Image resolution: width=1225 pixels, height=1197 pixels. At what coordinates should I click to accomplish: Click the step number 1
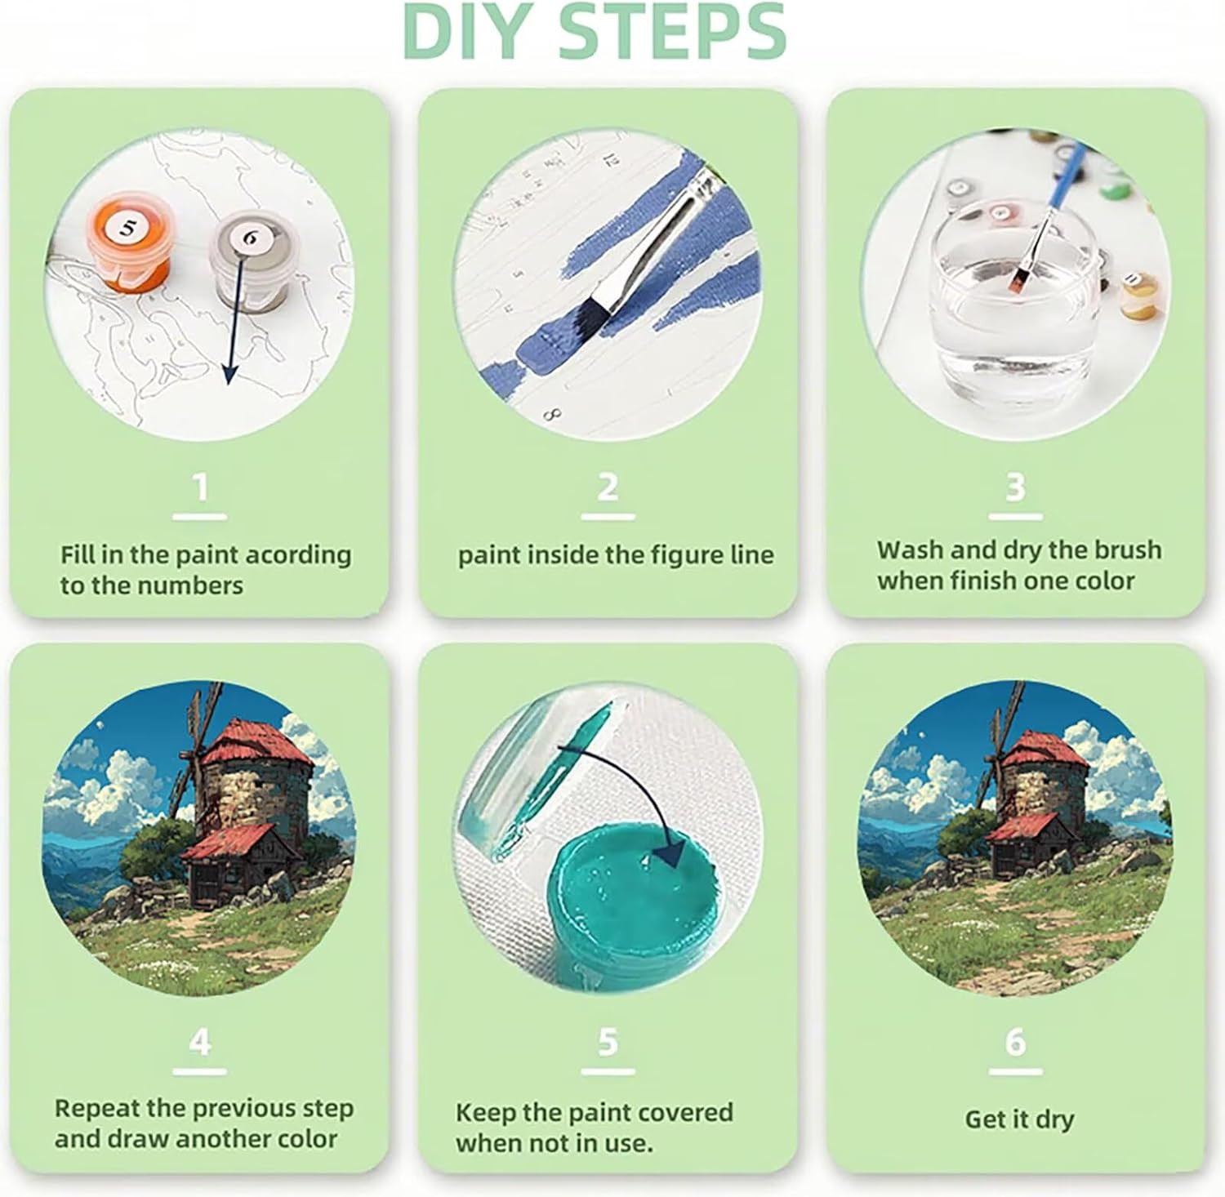(200, 487)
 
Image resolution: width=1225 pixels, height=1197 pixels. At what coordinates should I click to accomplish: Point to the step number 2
(608, 487)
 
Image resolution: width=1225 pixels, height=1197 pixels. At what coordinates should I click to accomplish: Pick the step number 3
(1015, 487)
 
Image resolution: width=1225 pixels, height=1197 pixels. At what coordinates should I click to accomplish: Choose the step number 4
(200, 1042)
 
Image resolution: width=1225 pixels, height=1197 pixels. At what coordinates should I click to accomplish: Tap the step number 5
(608, 1042)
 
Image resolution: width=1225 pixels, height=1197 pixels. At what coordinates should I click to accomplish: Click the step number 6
(1015, 1042)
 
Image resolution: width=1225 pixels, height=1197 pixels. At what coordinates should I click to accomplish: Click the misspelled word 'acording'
(299, 556)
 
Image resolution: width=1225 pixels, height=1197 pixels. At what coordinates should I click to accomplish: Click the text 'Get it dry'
(1019, 1119)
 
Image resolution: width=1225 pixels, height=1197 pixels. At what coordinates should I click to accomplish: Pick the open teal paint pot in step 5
(621, 890)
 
